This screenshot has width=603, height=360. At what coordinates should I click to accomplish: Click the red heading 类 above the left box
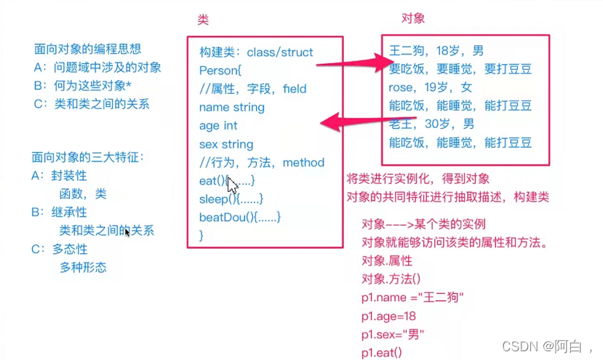[x=203, y=21]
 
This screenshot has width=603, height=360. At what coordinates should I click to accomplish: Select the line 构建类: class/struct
[x=256, y=52]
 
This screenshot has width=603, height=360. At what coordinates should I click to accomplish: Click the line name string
[x=231, y=107]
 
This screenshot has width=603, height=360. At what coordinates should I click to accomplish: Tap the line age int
[x=218, y=125]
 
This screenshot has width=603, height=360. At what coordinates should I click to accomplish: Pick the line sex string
[x=225, y=144]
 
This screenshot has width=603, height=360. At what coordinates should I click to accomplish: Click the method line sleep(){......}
[x=230, y=199]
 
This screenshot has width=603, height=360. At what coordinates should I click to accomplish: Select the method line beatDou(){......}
[x=239, y=217]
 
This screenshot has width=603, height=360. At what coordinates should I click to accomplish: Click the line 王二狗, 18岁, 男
[x=436, y=51]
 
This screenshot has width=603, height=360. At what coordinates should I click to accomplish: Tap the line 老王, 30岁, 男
[x=431, y=124]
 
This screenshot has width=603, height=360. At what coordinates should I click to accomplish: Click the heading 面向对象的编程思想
[x=87, y=49]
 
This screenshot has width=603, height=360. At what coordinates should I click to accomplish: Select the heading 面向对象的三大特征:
[x=87, y=157]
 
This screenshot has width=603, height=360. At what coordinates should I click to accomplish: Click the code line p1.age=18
[x=388, y=316]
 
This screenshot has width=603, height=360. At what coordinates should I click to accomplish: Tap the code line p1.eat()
[x=380, y=353]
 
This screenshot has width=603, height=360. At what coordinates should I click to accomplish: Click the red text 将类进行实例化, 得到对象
[x=418, y=179]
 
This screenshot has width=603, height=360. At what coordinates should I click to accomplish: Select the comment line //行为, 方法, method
[x=261, y=162]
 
